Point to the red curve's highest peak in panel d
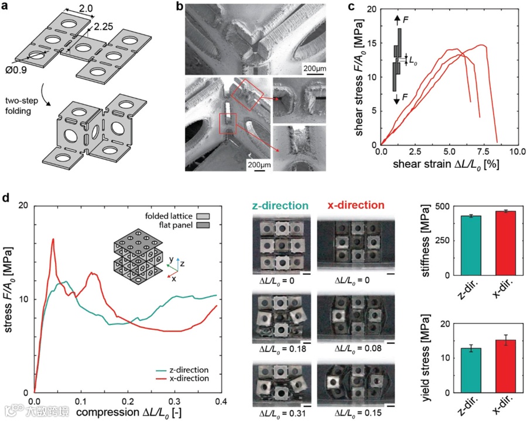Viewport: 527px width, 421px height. [x=53, y=239]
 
